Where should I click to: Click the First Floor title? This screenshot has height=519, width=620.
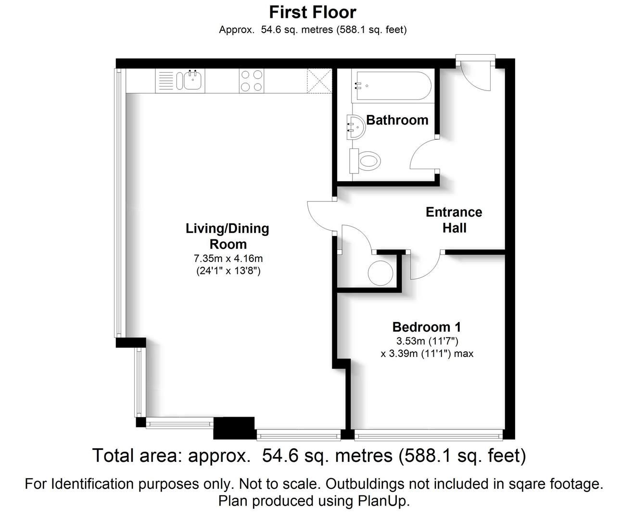[x=313, y=12]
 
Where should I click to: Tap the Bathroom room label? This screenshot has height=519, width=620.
[x=397, y=120]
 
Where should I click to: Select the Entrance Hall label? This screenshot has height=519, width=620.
[x=454, y=220]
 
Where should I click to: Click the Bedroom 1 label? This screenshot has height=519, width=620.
[x=427, y=327]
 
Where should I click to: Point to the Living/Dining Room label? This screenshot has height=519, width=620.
[x=228, y=236]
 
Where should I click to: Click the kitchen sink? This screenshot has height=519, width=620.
[x=191, y=81]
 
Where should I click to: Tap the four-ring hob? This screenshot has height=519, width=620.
[x=251, y=81]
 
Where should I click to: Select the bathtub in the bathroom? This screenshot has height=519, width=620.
[x=392, y=86]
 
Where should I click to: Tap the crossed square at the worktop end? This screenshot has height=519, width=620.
[x=319, y=81]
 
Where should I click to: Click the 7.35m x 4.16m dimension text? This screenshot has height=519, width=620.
[x=228, y=259]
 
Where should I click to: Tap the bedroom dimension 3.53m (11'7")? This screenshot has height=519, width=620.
[x=427, y=341]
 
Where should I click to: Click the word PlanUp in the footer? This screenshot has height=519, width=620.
[x=383, y=501]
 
